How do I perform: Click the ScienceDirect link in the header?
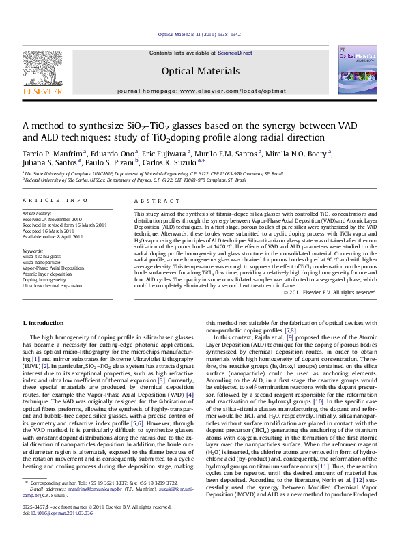tap(235, 53)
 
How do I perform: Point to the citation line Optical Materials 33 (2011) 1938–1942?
tap(199, 33)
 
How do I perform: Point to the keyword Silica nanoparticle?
tap(42, 261)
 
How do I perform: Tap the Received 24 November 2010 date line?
tap(53, 219)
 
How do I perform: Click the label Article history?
tap(37, 214)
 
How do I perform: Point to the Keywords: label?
tap(32, 251)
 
